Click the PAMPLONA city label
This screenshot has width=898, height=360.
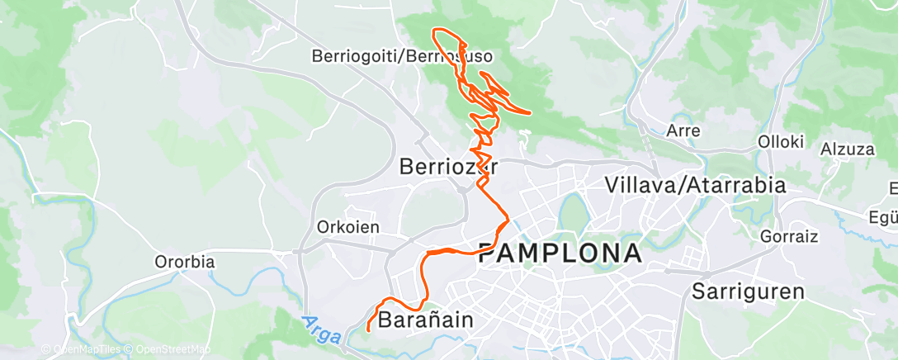tap(560, 253)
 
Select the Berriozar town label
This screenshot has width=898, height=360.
tap(449, 167)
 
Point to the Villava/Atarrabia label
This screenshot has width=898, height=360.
tap(695, 185)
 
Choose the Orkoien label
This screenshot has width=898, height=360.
tap(347, 226)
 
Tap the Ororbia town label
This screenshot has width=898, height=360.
tap(185, 263)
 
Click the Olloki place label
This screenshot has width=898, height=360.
tap(781, 141)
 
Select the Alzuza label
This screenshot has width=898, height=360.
tap(847, 149)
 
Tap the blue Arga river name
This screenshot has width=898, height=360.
tap(314, 326)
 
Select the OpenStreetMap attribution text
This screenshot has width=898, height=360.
tap(169, 350)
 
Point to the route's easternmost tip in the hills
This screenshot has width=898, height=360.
tap(529, 112)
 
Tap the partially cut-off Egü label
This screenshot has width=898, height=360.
tap(883, 218)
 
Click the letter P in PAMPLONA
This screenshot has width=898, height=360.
tap(488, 253)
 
